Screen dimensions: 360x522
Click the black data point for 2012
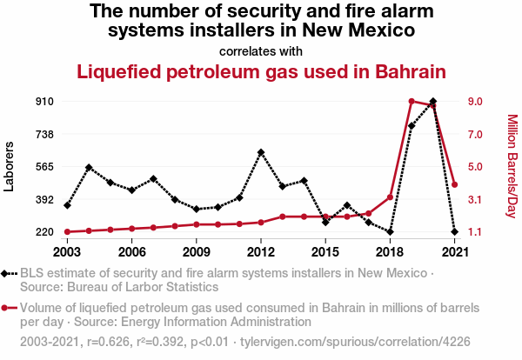tap(261, 152)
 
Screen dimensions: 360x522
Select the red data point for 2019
tap(412, 102)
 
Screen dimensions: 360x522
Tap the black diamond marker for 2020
tap(433, 102)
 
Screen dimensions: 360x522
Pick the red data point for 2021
tap(455, 184)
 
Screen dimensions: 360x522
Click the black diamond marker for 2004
tap(89, 167)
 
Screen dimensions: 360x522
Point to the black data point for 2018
tap(390, 231)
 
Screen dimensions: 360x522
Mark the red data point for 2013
tap(283, 217)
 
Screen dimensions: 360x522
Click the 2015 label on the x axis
tap(325, 251)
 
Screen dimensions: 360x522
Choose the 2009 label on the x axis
tap(197, 251)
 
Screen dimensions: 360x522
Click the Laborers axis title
tap(10, 166)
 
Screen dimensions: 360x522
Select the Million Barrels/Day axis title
tap(512, 166)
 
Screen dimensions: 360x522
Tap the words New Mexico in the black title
tap(360, 30)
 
